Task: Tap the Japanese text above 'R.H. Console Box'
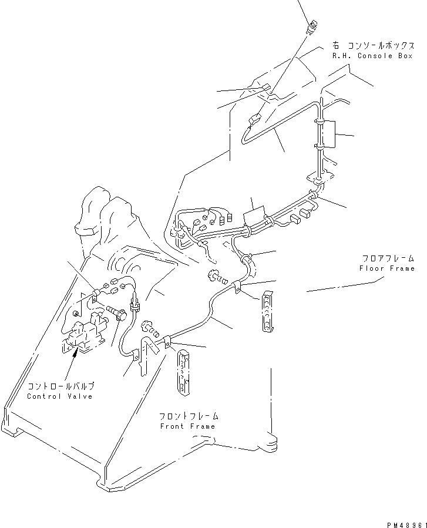click(x=368, y=44)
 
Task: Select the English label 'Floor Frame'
click(x=386, y=268)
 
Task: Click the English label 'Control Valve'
click(x=60, y=396)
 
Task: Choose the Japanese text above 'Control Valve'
click(x=61, y=386)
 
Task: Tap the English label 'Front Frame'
click(x=187, y=426)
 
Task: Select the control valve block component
click(x=85, y=334)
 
